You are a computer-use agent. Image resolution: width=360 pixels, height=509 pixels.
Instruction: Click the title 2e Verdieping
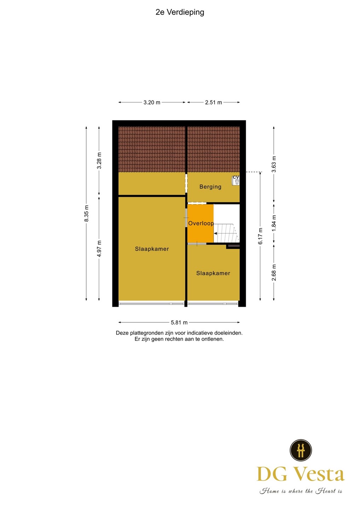click(180, 12)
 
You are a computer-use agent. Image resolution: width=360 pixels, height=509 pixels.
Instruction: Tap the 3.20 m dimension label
click(152, 103)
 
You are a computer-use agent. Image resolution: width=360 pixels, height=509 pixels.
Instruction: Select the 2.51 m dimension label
click(213, 103)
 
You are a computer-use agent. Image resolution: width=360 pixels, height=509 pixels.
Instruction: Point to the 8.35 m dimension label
click(86, 213)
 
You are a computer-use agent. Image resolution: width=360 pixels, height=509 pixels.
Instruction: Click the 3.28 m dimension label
click(99, 160)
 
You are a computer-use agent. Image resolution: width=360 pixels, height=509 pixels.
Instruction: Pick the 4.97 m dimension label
click(99, 248)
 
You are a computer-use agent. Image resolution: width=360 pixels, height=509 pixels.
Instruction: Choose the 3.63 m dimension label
click(274, 164)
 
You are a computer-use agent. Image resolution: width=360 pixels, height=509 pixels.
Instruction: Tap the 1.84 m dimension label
click(274, 223)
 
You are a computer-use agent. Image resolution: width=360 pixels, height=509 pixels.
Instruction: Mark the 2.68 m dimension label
click(274, 273)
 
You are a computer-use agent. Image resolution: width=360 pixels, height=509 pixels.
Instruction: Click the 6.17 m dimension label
click(260, 236)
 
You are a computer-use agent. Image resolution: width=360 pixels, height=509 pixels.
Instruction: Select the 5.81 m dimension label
click(179, 322)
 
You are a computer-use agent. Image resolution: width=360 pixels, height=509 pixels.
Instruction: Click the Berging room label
click(210, 187)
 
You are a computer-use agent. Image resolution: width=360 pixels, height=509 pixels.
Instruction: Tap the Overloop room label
click(201, 223)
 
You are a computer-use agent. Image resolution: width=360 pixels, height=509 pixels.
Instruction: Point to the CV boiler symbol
click(236, 181)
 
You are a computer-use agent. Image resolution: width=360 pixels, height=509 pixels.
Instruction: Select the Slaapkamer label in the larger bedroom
click(152, 249)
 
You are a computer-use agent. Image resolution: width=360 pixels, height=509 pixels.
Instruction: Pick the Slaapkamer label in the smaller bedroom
click(213, 273)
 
